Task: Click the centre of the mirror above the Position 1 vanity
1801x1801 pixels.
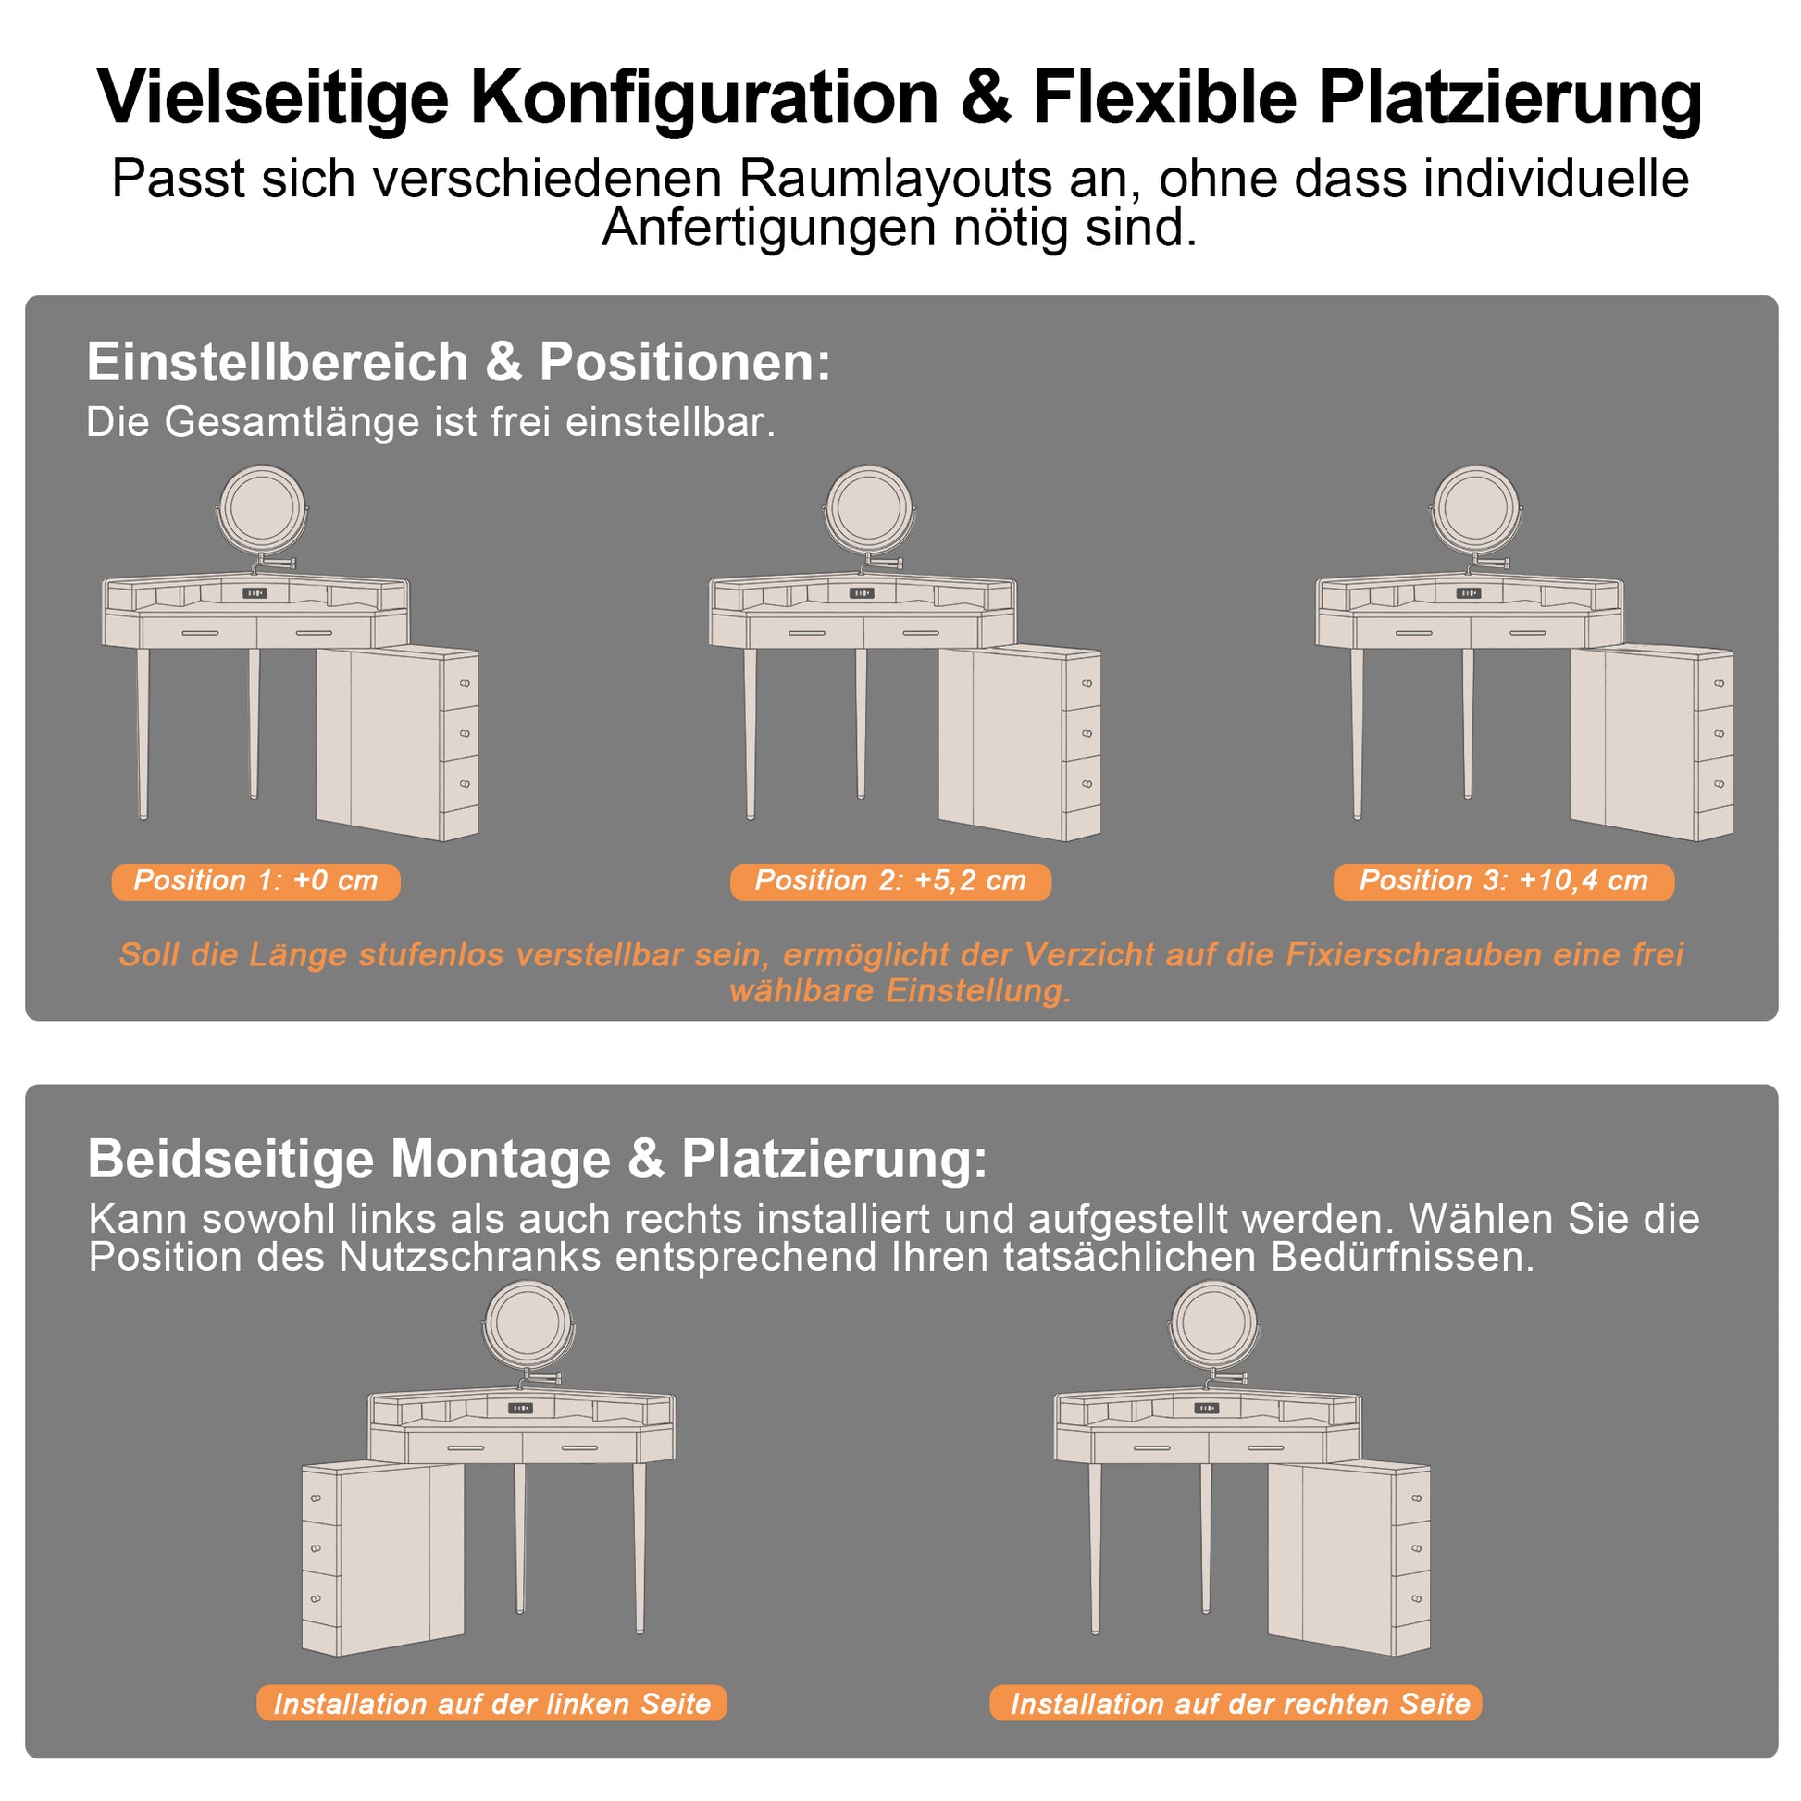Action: coord(262,511)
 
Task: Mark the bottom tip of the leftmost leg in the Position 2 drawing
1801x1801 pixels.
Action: coord(751,817)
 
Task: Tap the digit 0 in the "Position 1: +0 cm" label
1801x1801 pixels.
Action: coord(320,881)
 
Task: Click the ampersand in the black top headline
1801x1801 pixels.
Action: coord(986,97)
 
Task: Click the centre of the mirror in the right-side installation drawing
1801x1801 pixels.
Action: coord(1213,1324)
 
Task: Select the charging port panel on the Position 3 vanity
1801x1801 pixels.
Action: coord(1469,593)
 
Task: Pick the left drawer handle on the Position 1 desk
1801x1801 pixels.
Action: coord(200,633)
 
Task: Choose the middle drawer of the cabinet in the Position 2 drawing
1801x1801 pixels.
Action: coord(1081,734)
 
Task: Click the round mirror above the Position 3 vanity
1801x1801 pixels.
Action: coord(1476,511)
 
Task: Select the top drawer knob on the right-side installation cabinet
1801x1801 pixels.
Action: coord(1416,1499)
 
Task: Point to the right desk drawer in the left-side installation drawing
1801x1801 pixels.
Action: coord(579,1448)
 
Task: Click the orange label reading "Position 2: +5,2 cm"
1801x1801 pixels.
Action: coord(890,882)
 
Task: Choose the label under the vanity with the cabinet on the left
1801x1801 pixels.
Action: coord(492,1704)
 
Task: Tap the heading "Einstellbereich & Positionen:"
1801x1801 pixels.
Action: coord(459,362)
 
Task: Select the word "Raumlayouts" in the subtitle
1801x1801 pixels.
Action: coord(896,179)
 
